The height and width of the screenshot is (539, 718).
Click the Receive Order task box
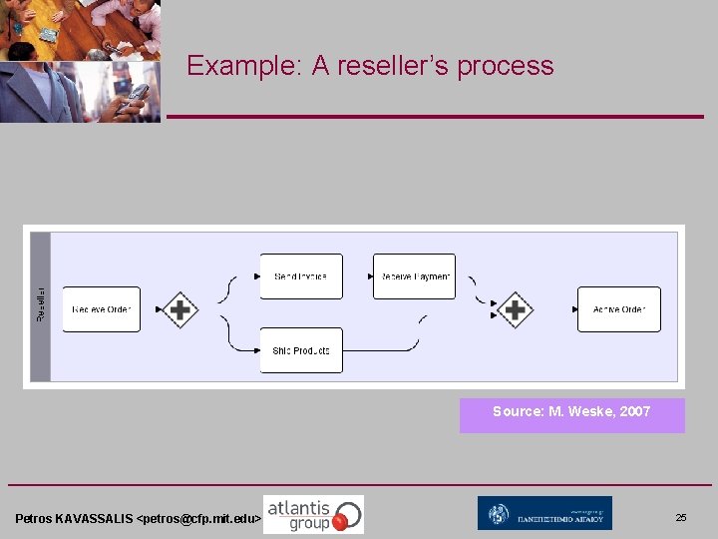(102, 309)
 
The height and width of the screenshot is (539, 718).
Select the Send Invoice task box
(301, 276)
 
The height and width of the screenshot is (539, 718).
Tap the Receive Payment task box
(414, 276)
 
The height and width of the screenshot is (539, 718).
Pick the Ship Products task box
(301, 350)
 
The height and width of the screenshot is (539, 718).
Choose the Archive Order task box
(619, 309)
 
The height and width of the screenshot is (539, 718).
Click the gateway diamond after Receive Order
(179, 310)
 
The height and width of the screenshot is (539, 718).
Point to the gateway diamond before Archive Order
(515, 310)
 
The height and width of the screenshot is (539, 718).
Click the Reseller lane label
(41, 305)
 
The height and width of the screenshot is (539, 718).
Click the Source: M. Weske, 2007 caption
(571, 411)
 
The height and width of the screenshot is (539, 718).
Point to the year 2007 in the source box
(634, 411)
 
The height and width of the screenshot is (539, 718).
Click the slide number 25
(681, 518)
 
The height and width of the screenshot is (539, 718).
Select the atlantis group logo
(313, 514)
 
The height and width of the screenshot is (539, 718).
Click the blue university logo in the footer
(544, 513)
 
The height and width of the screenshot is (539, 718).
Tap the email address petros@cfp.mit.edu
(198, 519)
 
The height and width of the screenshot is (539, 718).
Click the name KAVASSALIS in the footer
(94, 519)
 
